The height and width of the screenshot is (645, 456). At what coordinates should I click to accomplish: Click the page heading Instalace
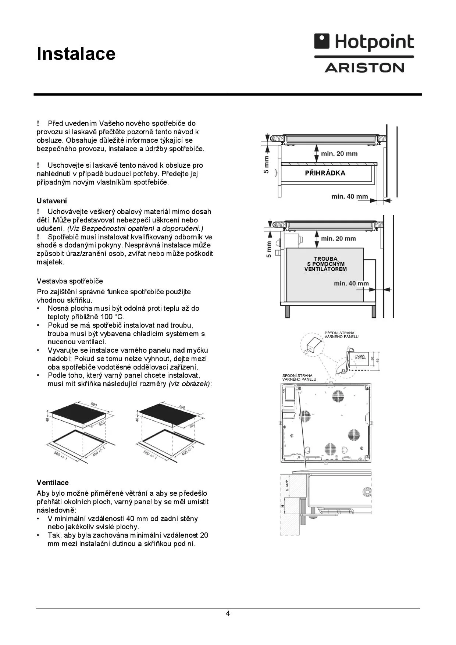76,54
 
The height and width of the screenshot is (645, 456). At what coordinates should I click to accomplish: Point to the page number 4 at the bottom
228,613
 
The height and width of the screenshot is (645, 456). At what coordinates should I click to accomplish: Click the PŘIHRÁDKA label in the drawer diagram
325,173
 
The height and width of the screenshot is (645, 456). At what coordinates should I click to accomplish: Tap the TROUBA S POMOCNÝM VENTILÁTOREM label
325,264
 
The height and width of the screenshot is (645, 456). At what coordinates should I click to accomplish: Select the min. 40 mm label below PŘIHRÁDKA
349,196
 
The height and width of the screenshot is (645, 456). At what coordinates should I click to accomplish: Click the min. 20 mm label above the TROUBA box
338,239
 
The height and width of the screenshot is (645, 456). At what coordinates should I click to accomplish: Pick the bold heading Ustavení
52,201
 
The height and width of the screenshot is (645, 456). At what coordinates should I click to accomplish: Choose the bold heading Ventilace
53,482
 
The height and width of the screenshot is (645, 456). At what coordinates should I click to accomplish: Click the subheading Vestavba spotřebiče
70,281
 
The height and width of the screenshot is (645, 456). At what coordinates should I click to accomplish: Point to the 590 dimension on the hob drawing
94,405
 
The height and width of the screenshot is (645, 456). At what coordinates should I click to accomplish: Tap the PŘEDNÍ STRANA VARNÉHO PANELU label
341,335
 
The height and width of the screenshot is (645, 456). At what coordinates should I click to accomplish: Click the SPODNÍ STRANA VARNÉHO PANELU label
299,377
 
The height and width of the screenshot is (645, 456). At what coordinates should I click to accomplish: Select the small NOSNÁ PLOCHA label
360,357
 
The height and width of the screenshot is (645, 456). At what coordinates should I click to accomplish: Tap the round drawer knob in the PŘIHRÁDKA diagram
275,173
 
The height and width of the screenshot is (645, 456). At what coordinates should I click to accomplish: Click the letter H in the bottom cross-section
283,506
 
